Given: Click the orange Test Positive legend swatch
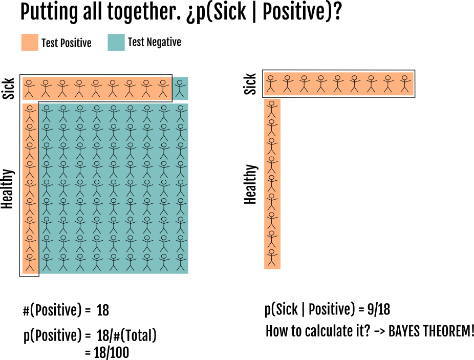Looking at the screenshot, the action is coord(30,43).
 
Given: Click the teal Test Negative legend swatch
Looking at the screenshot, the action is coord(116,43).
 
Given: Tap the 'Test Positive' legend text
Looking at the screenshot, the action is coord(67,43).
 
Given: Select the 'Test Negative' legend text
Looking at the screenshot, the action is coord(154,43).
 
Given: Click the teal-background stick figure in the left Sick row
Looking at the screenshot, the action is coord(180,88).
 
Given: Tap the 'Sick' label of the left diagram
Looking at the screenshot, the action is coord(9,88).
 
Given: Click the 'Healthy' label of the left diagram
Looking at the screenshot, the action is coord(8,188).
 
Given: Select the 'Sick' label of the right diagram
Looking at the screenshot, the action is coord(250,84).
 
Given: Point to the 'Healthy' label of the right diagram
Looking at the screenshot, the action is coord(250,184).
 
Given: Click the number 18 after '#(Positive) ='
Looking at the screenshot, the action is coord(102,310).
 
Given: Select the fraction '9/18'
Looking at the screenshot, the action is coord(379,309).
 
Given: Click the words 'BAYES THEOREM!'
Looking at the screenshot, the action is coord(431,331).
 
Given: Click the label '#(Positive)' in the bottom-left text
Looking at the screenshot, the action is coord(52,310).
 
